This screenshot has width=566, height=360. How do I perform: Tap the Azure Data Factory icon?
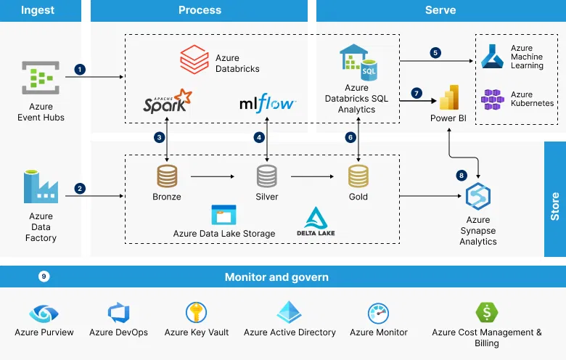pos(41,187)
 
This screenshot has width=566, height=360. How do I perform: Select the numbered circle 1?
pos(80,69)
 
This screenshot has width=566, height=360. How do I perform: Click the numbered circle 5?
pos(435,53)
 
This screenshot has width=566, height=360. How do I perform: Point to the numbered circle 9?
pos(44,277)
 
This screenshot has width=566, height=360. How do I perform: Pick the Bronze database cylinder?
pos(167,176)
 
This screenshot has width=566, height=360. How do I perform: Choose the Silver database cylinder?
pos(267,176)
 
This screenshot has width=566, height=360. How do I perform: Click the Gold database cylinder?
pos(358,176)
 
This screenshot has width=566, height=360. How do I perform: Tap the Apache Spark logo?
pos(168,104)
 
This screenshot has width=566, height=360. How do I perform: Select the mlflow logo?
pos(267,103)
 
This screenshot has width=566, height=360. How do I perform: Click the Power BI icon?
pos(448,97)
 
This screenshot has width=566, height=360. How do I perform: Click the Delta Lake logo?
pos(315,221)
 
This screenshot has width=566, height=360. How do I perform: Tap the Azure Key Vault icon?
pos(196,313)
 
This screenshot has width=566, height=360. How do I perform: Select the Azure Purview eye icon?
pos(44,314)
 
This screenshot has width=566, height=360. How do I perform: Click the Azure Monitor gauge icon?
pos(379,314)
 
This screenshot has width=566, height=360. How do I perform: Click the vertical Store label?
pos(555,206)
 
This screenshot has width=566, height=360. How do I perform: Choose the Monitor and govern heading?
pos(276,277)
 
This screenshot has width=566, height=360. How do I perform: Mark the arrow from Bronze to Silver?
pos(214,176)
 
